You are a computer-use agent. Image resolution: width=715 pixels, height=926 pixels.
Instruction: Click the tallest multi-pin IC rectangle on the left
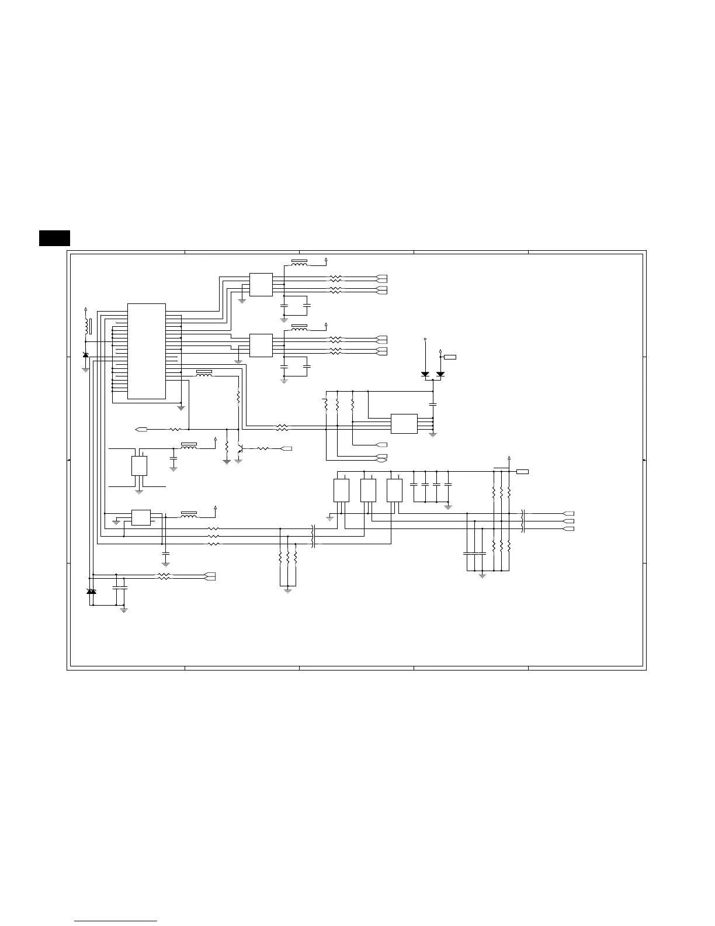coord(146,351)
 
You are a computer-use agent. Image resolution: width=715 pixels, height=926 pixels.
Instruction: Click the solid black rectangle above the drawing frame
coord(55,238)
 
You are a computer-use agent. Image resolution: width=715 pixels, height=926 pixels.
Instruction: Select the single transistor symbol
coord(239,449)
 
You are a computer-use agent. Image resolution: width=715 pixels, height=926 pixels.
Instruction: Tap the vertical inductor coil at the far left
coord(86,327)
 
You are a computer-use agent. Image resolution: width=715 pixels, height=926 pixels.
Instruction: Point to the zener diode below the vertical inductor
coord(86,355)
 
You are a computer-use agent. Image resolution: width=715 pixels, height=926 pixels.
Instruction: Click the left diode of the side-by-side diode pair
coord(425,374)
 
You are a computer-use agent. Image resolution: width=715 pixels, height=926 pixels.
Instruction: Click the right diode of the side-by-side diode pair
coord(440,374)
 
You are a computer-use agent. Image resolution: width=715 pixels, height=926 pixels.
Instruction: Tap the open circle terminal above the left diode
coord(425,339)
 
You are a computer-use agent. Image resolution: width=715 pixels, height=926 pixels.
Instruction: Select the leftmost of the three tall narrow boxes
coord(341,490)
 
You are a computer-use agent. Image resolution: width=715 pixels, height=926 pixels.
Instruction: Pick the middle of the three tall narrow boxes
coord(368,490)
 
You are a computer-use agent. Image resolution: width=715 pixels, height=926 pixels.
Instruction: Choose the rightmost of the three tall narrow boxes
coord(394,490)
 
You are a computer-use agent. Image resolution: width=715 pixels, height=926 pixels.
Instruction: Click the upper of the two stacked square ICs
coord(261,285)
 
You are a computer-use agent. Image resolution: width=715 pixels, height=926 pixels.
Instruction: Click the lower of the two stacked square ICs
coord(261,345)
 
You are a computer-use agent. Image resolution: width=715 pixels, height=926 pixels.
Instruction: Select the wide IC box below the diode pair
coord(404,424)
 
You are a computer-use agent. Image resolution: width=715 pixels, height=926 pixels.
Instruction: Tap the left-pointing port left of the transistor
coord(140,430)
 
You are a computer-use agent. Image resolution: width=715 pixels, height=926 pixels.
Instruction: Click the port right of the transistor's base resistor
coord(287,448)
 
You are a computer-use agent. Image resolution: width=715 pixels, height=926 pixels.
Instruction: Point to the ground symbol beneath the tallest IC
coord(181,407)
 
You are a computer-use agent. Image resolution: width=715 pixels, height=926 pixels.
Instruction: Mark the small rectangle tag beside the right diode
coord(450,357)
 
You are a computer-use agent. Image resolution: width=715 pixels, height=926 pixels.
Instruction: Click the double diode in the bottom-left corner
coord(91,592)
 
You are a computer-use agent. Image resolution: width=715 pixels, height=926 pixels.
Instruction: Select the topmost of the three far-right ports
coord(568,513)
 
